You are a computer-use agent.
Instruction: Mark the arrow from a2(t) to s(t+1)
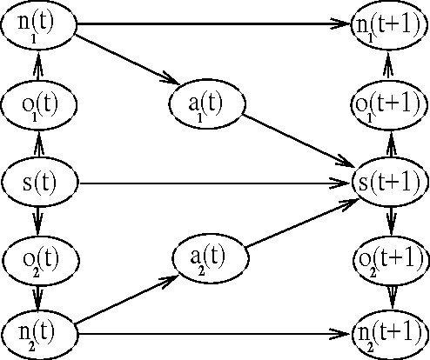click(x=300, y=226)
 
